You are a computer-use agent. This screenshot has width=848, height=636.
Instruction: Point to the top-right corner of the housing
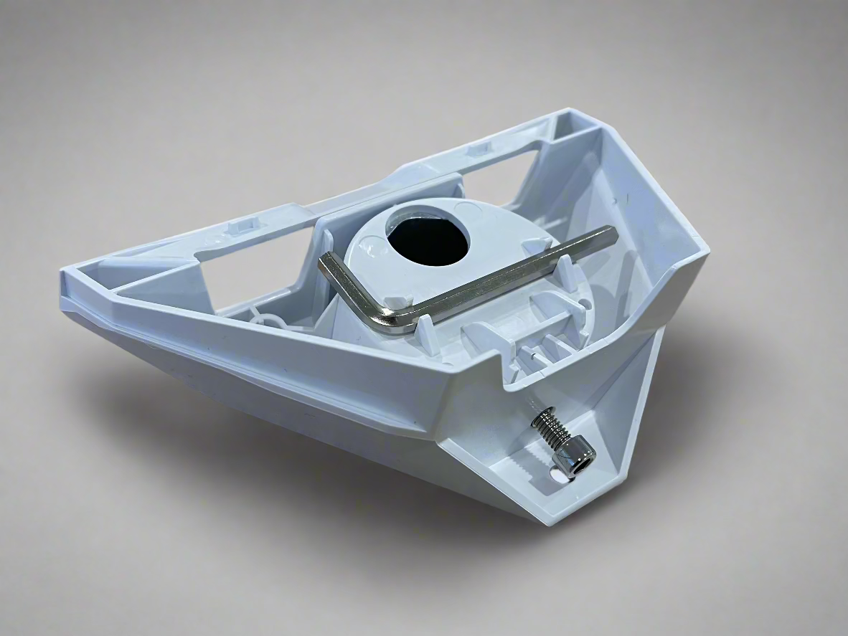pos(570,113)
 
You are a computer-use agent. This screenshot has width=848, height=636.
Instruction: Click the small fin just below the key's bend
pos(423,333)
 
